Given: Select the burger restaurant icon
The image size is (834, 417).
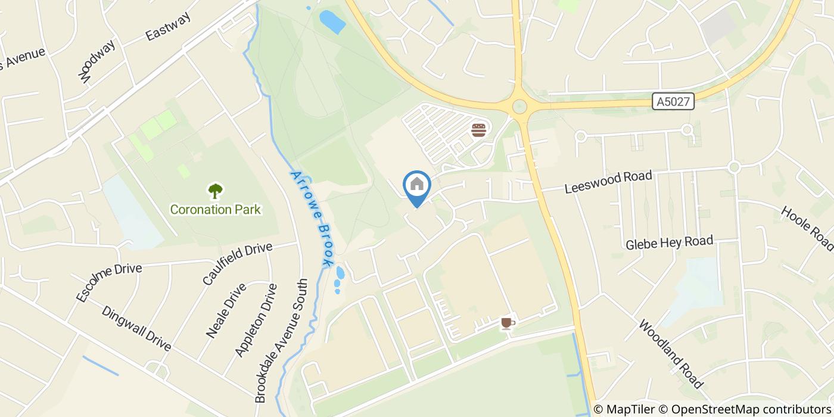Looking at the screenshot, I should pyautogui.click(x=479, y=130).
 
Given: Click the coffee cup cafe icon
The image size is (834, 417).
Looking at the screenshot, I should pyautogui.click(x=507, y=323).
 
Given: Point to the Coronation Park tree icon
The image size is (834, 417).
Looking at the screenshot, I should pyautogui.click(x=215, y=191).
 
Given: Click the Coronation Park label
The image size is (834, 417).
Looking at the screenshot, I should pyautogui.click(x=216, y=210).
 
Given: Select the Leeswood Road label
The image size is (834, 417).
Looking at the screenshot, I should pyautogui.click(x=608, y=182).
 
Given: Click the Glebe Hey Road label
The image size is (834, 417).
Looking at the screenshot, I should pyautogui.click(x=669, y=242).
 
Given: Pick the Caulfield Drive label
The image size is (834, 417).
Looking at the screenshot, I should pyautogui.click(x=237, y=263).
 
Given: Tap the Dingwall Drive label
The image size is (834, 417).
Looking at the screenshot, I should pyautogui.click(x=136, y=329).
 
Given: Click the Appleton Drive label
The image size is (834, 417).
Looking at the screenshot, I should pyautogui.click(x=256, y=320).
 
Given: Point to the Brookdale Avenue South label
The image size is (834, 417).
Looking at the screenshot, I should pyautogui.click(x=281, y=341).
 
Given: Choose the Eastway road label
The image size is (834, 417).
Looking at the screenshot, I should pyautogui.click(x=169, y=27).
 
